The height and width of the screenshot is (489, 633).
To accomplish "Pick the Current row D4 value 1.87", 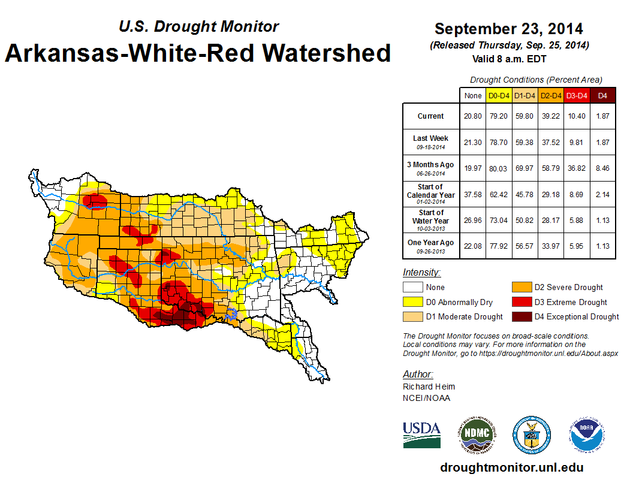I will point(602,116).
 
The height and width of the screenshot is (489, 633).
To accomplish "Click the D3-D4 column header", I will point(576,96).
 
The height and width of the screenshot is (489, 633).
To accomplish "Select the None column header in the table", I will point(472,96).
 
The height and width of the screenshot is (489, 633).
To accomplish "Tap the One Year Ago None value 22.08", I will point(472,246).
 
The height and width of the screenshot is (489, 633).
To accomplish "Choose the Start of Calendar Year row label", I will point(431,194).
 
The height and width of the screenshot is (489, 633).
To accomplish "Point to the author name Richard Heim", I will point(429,387).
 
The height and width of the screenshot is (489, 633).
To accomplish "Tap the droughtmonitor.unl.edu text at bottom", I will point(511,467).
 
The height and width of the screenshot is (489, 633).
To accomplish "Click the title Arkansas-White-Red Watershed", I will point(198,53).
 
